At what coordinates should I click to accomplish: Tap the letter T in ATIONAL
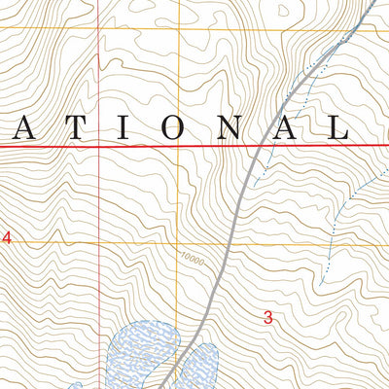pos(75,126)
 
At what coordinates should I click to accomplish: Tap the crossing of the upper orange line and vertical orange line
pos(179,28)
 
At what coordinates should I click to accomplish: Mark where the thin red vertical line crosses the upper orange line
pos(100,28)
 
